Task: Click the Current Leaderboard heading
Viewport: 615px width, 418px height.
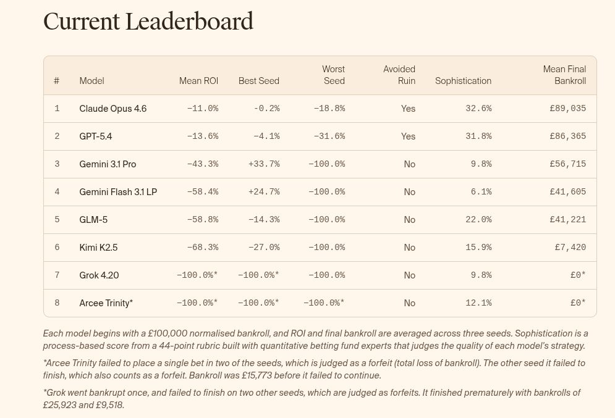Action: (x=148, y=21)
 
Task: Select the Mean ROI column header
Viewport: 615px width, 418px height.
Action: (x=198, y=81)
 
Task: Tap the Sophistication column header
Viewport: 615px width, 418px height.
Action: (x=463, y=81)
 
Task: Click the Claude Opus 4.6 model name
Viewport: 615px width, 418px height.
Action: (x=113, y=109)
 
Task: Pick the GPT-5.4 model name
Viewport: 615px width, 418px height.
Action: (x=96, y=136)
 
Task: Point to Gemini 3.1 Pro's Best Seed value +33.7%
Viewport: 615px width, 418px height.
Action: (x=264, y=164)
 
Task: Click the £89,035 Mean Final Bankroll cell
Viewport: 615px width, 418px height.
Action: (x=567, y=109)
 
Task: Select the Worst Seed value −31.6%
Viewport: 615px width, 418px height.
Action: (x=329, y=136)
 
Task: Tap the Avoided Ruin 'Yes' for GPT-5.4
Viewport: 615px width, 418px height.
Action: (x=408, y=136)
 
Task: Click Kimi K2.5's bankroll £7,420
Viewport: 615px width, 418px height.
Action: (x=570, y=248)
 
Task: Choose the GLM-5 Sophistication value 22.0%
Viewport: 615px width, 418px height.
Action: (x=478, y=220)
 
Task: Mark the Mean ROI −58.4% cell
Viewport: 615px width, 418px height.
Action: (x=203, y=192)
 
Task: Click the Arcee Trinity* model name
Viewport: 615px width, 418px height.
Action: (x=106, y=303)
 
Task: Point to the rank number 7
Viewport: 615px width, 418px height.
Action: (x=57, y=275)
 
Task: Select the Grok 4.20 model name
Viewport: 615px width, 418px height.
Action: (x=99, y=275)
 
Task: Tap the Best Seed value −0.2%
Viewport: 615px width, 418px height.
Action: (x=266, y=109)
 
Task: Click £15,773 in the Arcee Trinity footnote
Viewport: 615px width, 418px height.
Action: (x=267, y=375)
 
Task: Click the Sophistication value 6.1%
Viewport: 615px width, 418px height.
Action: (x=481, y=192)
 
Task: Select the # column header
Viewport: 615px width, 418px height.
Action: (x=57, y=81)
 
